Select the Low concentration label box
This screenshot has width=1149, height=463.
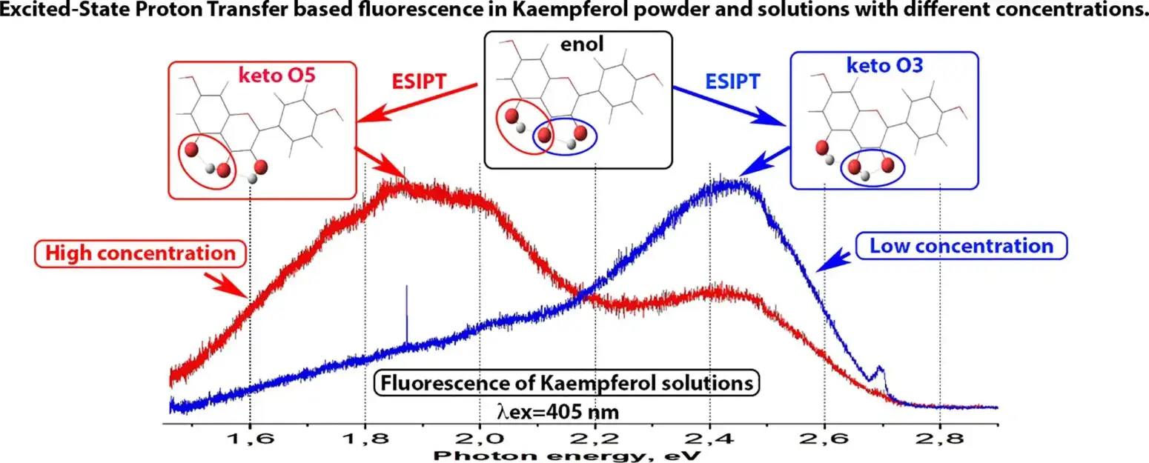click(962, 245)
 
